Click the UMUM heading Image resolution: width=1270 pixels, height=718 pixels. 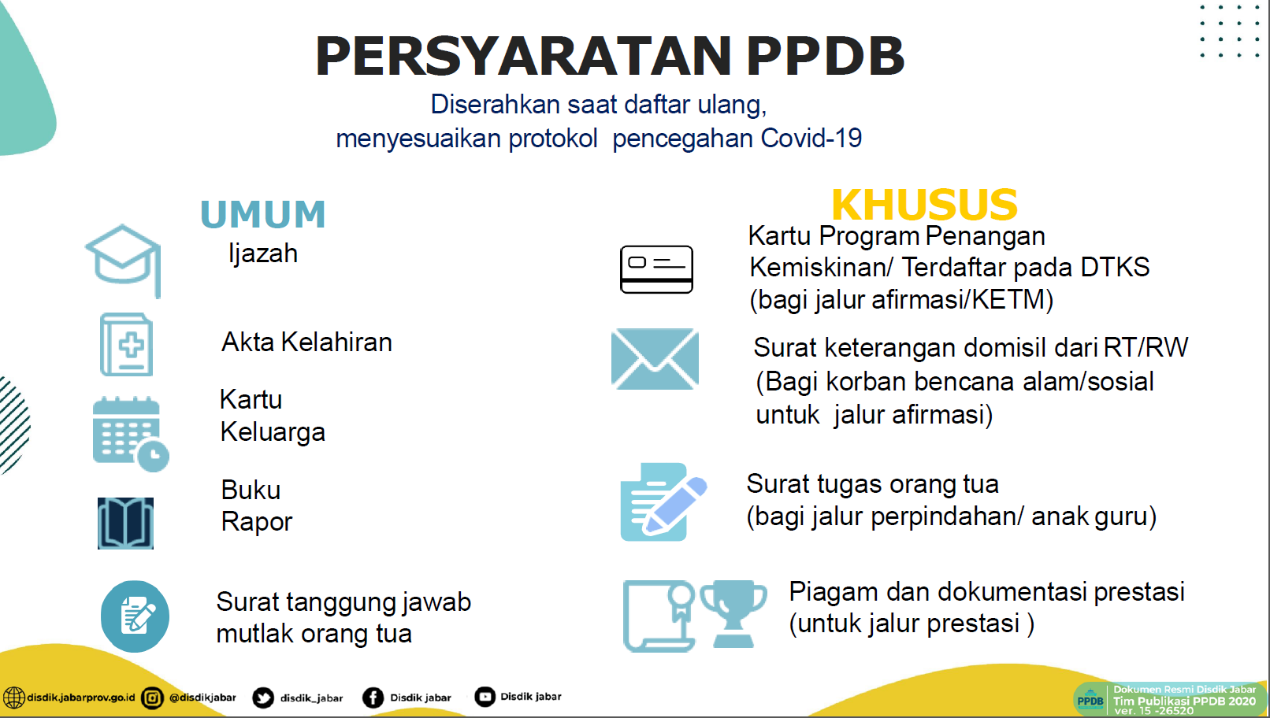pyautogui.click(x=263, y=214)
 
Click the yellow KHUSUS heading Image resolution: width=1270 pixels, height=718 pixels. pyautogui.click(x=924, y=205)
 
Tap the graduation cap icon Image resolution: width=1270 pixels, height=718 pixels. pyautogui.click(x=124, y=261)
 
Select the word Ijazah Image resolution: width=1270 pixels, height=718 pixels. pyautogui.click(x=263, y=254)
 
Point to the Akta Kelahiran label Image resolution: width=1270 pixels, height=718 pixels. pyautogui.click(x=306, y=342)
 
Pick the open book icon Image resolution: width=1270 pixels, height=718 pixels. pyautogui.click(x=125, y=523)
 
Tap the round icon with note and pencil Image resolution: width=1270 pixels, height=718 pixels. pyautogui.click(x=135, y=616)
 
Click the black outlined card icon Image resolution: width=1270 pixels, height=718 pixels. pyautogui.click(x=656, y=269)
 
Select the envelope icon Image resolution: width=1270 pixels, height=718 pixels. pyautogui.click(x=655, y=359)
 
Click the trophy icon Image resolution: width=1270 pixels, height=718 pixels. pyautogui.click(x=733, y=614)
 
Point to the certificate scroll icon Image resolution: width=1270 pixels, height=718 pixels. pyautogui.click(x=659, y=616)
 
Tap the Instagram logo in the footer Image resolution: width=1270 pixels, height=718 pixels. pyautogui.click(x=152, y=698)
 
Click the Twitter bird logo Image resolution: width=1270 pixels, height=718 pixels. pyautogui.click(x=263, y=698)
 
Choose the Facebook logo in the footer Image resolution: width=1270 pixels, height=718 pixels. pyautogui.click(x=373, y=698)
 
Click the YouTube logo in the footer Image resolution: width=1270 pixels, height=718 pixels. pyautogui.click(x=485, y=697)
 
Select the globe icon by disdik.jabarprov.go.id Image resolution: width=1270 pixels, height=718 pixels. pyautogui.click(x=13, y=698)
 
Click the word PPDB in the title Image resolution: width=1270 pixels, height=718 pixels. pyautogui.click(x=826, y=56)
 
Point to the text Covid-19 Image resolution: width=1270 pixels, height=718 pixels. pyautogui.click(x=811, y=139)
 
